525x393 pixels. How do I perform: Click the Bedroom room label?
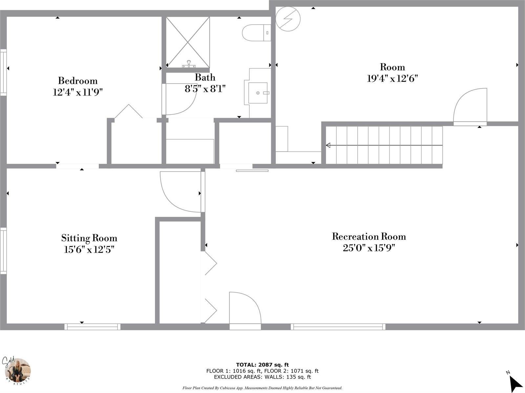click(x=78, y=81)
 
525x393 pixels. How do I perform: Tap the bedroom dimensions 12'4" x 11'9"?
click(x=78, y=93)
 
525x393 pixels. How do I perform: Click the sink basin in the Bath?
click(x=258, y=93)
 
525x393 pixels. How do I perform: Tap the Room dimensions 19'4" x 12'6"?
click(x=392, y=79)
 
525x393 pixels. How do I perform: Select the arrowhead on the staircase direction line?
click(x=328, y=145)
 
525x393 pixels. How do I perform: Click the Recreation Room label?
click(x=369, y=237)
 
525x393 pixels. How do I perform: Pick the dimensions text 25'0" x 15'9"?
click(x=369, y=248)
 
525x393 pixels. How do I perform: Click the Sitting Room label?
click(x=89, y=238)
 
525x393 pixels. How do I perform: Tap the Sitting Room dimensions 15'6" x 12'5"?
click(x=89, y=250)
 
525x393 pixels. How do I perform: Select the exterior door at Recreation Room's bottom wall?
click(x=245, y=310)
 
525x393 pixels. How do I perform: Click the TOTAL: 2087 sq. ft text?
click(x=262, y=364)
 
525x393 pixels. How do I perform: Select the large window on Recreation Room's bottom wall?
click(x=338, y=326)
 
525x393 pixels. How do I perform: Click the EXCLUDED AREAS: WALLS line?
click(x=262, y=377)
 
